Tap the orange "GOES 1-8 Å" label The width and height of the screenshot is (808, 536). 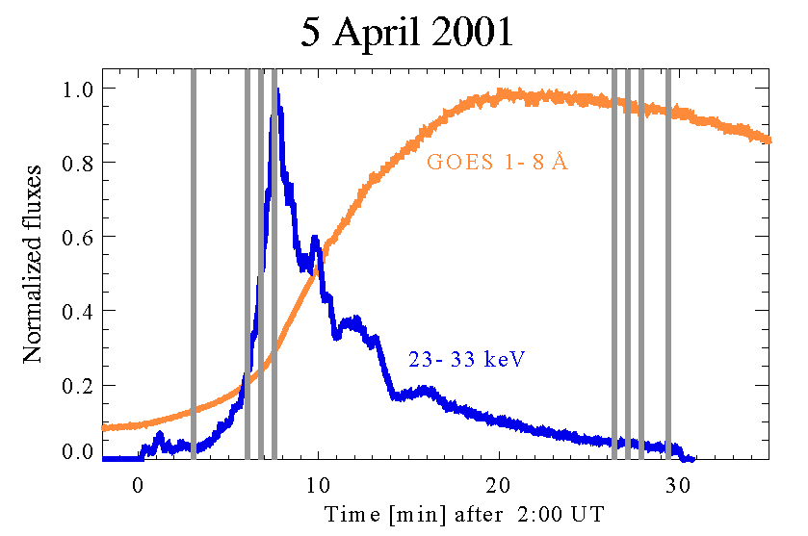click(497, 163)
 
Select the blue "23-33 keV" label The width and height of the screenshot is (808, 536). click(471, 360)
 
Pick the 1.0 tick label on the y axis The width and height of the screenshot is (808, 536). click(77, 89)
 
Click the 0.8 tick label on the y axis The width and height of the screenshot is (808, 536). click(77, 163)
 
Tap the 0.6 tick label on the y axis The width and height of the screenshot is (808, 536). click(77, 237)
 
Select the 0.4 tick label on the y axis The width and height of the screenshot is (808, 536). click(77, 311)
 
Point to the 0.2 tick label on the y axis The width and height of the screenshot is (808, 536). click(77, 384)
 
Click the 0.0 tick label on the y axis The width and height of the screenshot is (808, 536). click(77, 451)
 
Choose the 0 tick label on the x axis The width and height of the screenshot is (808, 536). click(139, 483)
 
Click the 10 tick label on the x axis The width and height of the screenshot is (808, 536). click(319, 483)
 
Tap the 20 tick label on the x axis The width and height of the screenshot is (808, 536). click(499, 483)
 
